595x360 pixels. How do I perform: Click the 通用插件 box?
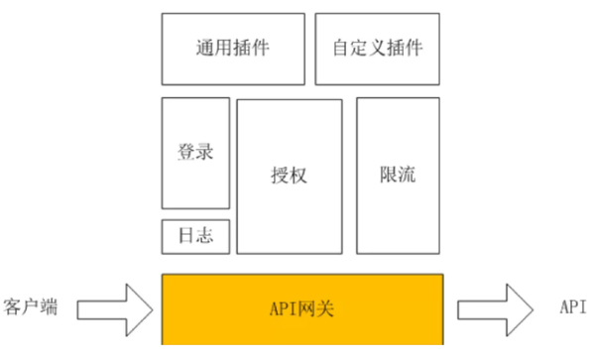pyautogui.click(x=233, y=48)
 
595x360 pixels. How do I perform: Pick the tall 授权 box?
pyautogui.click(x=289, y=175)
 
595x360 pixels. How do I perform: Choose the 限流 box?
pyautogui.click(x=397, y=175)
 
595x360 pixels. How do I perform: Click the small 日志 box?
pyautogui.click(x=195, y=236)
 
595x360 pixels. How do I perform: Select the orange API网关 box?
pyautogui.click(x=302, y=308)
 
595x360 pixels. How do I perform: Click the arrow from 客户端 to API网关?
pyautogui.click(x=114, y=308)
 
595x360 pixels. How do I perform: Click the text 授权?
pyautogui.click(x=289, y=175)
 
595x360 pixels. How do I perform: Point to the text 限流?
pyautogui.click(x=397, y=175)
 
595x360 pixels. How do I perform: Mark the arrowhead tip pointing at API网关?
pyautogui.click(x=153, y=308)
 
